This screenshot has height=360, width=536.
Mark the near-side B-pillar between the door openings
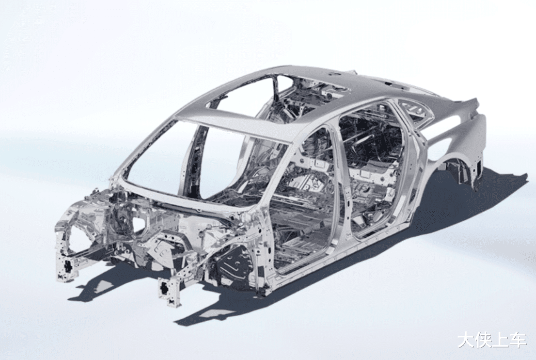(x=342, y=181)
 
